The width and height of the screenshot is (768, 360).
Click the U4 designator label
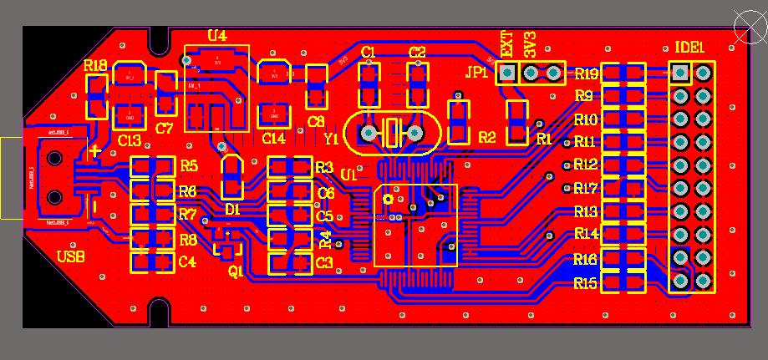216,35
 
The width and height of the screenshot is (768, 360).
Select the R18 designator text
95,65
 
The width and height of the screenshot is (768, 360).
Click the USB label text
69,256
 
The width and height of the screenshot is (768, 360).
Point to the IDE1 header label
689,48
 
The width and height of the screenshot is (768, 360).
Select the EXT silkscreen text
506,44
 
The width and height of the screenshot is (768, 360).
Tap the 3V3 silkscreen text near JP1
529,44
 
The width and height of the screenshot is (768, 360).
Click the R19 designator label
586,74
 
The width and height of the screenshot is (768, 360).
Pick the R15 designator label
586,284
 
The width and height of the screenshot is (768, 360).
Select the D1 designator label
232,209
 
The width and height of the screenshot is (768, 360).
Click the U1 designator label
348,175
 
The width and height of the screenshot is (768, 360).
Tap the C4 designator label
187,262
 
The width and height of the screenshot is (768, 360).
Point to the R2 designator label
486,137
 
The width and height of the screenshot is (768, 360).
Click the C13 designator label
130,140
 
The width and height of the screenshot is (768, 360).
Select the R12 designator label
586,164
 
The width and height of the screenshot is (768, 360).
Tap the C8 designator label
316,122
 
